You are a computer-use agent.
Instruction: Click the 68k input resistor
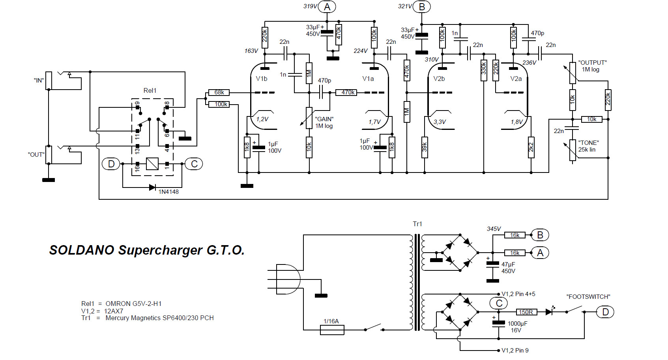click(219, 92)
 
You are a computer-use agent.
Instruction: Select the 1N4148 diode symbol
click(152, 187)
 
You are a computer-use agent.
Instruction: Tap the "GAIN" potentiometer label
click(324, 122)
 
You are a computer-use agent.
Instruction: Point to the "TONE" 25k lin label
click(588, 146)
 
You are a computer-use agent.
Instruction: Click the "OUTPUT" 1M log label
click(592, 66)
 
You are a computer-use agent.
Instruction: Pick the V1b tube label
click(262, 79)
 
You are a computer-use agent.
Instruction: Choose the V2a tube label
click(516, 79)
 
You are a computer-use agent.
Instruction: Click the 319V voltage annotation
click(310, 6)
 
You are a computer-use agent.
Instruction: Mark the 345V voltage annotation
click(494, 229)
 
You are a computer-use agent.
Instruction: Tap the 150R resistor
click(526, 312)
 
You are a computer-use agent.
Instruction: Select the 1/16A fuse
click(332, 330)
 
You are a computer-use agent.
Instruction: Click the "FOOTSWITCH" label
click(588, 296)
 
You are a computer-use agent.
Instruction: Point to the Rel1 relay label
click(150, 90)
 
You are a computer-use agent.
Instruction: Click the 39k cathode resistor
click(425, 147)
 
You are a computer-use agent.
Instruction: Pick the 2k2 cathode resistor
click(531, 147)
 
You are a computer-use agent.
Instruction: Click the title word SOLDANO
click(82, 250)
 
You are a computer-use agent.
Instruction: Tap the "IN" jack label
click(39, 81)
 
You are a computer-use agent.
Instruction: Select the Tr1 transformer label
click(417, 224)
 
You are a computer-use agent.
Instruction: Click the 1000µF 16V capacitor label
click(517, 327)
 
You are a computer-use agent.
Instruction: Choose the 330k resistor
click(484, 70)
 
